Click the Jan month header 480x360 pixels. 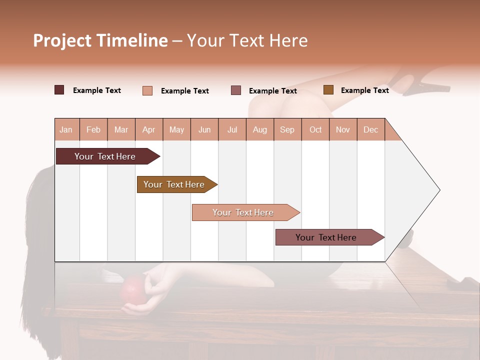click(66, 130)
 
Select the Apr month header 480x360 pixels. click(148, 130)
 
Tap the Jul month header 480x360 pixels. click(232, 130)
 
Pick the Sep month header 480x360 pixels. click(287, 130)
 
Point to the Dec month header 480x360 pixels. click(370, 130)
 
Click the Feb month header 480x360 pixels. click(93, 130)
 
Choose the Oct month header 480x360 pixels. click(315, 130)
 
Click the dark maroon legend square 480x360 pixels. click(59, 90)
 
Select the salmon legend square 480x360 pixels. click(147, 90)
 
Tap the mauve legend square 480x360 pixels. click(236, 90)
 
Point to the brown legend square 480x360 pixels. click(328, 90)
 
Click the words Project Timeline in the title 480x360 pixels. click(100, 40)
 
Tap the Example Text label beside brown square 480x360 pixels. click(364, 90)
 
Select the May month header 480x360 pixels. click(176, 130)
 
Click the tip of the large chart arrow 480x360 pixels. click(438, 190)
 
